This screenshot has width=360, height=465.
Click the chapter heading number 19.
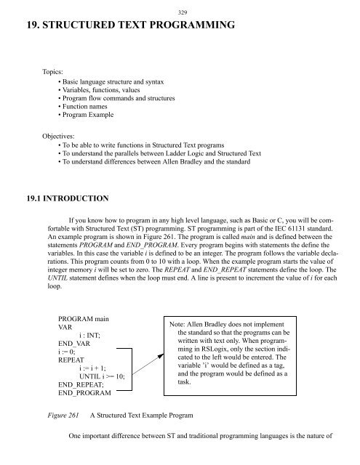14,28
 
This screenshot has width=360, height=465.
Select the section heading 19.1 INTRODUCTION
59,198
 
